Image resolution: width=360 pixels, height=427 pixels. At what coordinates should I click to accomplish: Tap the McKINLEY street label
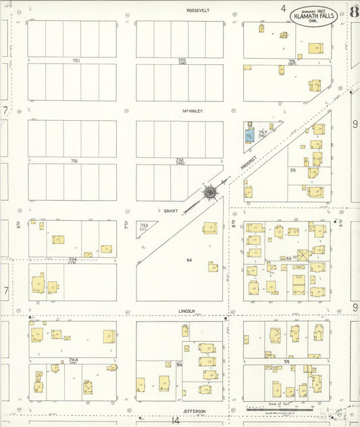tap(192, 111)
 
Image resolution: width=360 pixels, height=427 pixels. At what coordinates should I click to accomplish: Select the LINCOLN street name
tap(186, 311)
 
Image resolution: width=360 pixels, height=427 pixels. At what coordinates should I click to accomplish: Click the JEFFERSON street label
tap(194, 410)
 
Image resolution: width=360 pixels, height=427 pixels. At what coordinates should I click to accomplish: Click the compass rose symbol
tap(210, 193)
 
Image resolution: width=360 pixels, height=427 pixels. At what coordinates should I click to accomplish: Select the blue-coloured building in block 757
tap(250, 135)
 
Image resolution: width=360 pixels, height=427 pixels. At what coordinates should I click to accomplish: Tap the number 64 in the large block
tap(189, 259)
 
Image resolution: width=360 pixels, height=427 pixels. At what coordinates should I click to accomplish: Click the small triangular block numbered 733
tap(145, 226)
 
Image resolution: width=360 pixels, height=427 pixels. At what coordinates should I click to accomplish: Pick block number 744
tap(73, 359)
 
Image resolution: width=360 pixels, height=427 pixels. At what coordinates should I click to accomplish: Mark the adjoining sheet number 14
tap(176, 420)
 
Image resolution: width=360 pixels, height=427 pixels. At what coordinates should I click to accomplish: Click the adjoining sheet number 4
tap(284, 9)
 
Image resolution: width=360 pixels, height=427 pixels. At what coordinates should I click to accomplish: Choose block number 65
tap(293, 170)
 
